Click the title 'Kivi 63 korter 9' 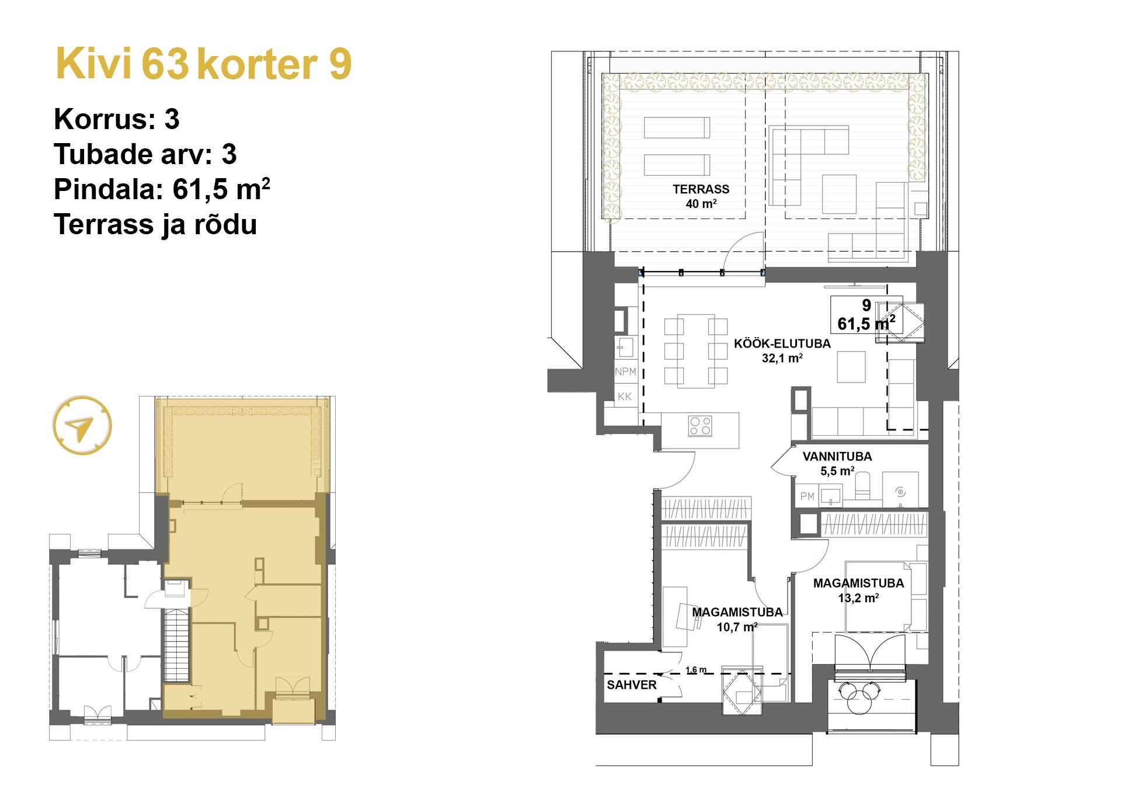[203, 64]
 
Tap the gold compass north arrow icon [82, 426]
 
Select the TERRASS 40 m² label [701, 196]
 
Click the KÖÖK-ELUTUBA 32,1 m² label [782, 350]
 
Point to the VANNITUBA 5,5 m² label [837, 463]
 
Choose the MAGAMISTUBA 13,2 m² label [858, 590]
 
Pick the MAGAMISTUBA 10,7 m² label [737, 619]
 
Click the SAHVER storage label [631, 685]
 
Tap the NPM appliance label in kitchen [625, 371]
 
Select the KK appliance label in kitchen [624, 397]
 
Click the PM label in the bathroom [807, 496]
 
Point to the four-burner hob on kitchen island [700, 425]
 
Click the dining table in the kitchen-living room [696, 350]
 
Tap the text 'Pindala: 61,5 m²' [162, 189]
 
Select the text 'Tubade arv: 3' [145, 154]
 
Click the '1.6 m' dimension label [695, 669]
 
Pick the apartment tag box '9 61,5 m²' [866, 315]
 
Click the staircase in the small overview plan [176, 645]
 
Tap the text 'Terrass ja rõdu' [155, 224]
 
